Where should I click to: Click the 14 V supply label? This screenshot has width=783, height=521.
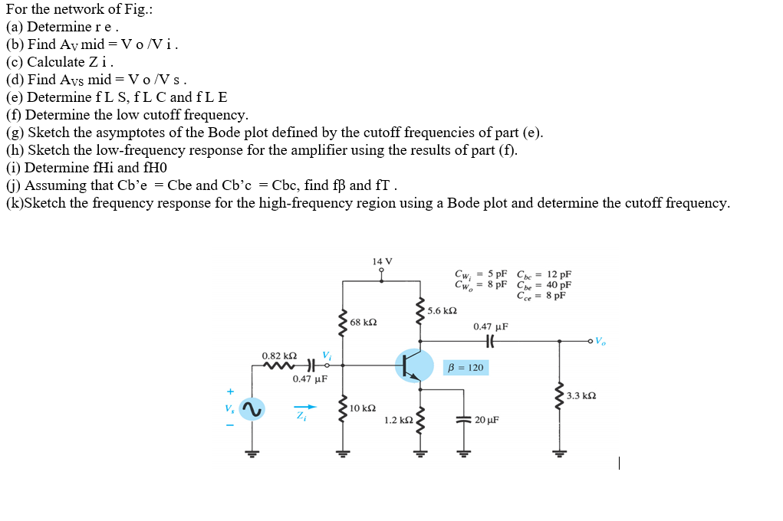click(x=382, y=261)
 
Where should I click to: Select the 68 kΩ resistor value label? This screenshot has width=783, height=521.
click(x=363, y=323)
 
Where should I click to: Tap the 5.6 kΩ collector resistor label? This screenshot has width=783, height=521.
click(x=442, y=310)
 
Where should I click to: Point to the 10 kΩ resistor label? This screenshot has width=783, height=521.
click(x=362, y=408)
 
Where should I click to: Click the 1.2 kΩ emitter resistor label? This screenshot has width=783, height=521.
click(x=399, y=420)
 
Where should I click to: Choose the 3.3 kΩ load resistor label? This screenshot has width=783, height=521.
click(x=581, y=395)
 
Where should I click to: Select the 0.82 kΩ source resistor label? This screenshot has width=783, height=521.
click(x=279, y=356)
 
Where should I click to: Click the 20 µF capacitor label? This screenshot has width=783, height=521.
click(x=487, y=420)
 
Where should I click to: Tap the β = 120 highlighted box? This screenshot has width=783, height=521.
click(x=465, y=368)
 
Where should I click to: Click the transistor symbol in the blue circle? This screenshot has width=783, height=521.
click(x=414, y=365)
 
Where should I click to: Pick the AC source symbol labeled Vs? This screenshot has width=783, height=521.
click(x=251, y=409)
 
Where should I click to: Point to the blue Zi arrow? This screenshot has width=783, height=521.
click(x=305, y=407)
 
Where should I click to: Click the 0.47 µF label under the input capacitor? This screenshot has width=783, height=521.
click(x=310, y=378)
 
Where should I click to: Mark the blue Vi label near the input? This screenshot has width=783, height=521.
click(x=327, y=355)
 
